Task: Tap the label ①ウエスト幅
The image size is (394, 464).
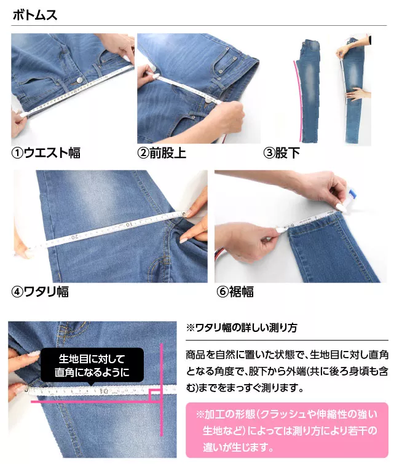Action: pos(46,153)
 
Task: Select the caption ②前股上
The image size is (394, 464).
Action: pos(162,153)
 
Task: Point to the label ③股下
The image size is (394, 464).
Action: pos(282,153)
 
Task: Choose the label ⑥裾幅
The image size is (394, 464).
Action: pos(234,291)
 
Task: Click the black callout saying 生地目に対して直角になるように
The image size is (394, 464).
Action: pos(92,366)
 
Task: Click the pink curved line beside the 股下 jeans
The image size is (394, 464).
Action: pos(297,98)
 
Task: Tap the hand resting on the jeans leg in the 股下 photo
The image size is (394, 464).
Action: pos(358,95)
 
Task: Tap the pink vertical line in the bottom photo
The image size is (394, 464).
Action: pos(161,393)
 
